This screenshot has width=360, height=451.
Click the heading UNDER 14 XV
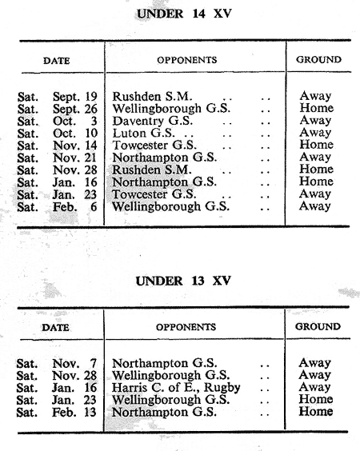[x=184, y=14]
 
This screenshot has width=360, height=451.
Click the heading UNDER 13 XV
[x=183, y=281]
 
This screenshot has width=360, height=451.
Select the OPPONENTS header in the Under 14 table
[x=186, y=60]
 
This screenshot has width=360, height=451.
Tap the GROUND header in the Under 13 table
[x=318, y=326]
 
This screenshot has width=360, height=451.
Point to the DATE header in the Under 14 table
[x=57, y=61]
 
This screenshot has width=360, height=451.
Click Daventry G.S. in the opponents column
[x=153, y=121]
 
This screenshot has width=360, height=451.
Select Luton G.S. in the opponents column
[x=143, y=133]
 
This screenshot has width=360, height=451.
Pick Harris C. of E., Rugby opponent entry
[x=176, y=388]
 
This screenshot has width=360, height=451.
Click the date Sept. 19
[x=75, y=97]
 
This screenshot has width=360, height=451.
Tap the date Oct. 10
[x=75, y=134]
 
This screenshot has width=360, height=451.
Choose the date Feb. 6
[x=74, y=207]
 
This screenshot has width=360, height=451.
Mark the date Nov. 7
[x=74, y=364]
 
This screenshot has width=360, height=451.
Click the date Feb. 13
[x=74, y=412]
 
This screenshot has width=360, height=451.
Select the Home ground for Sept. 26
[x=317, y=108]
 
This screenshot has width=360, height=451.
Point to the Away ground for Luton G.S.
[x=315, y=133]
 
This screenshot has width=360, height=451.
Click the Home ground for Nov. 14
[x=317, y=145]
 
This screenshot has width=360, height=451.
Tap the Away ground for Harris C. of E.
[x=314, y=388]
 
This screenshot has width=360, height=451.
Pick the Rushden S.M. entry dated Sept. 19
[x=152, y=97]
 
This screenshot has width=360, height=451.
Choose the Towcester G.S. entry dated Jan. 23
[x=154, y=194]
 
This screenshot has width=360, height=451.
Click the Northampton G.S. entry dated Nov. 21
[x=164, y=158]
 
